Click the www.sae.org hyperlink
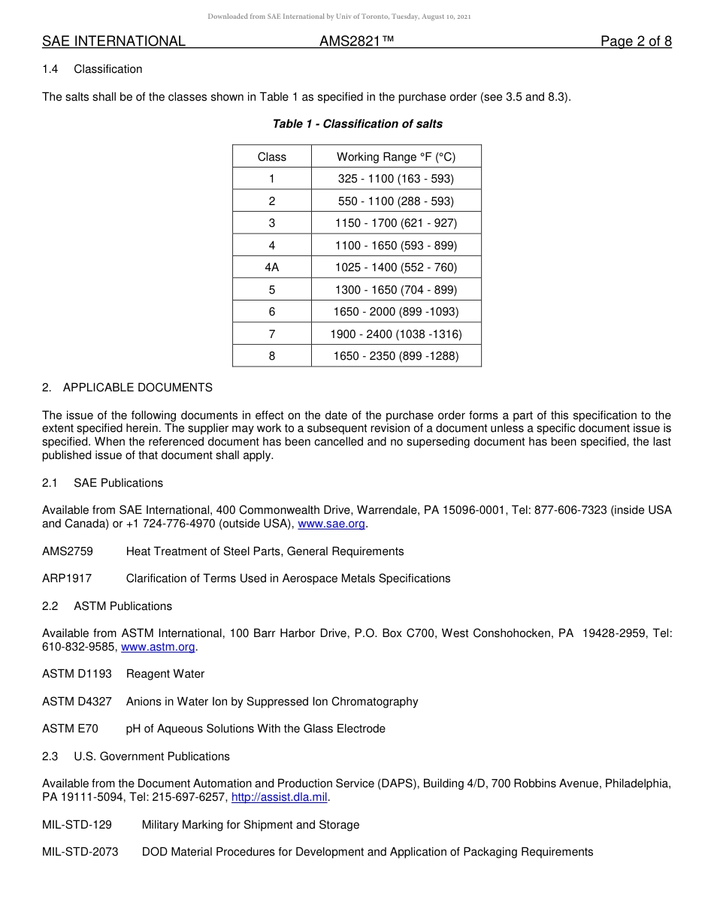point(332,524)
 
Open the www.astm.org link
point(158,647)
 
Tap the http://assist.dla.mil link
point(280,797)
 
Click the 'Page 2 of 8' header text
point(636,41)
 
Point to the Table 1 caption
point(357,124)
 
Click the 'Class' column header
point(271,157)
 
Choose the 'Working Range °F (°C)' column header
point(396,157)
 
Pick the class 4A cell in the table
point(271,267)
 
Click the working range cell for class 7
point(396,334)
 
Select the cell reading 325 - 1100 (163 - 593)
point(396,179)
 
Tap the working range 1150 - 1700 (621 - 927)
point(396,223)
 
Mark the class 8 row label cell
point(271,356)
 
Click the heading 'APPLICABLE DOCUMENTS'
point(138,388)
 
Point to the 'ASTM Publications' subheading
point(123,606)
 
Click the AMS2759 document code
point(68,551)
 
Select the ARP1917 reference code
point(67,578)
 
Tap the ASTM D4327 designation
point(77,702)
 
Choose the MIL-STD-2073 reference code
point(80,852)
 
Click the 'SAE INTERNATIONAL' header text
point(113,41)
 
